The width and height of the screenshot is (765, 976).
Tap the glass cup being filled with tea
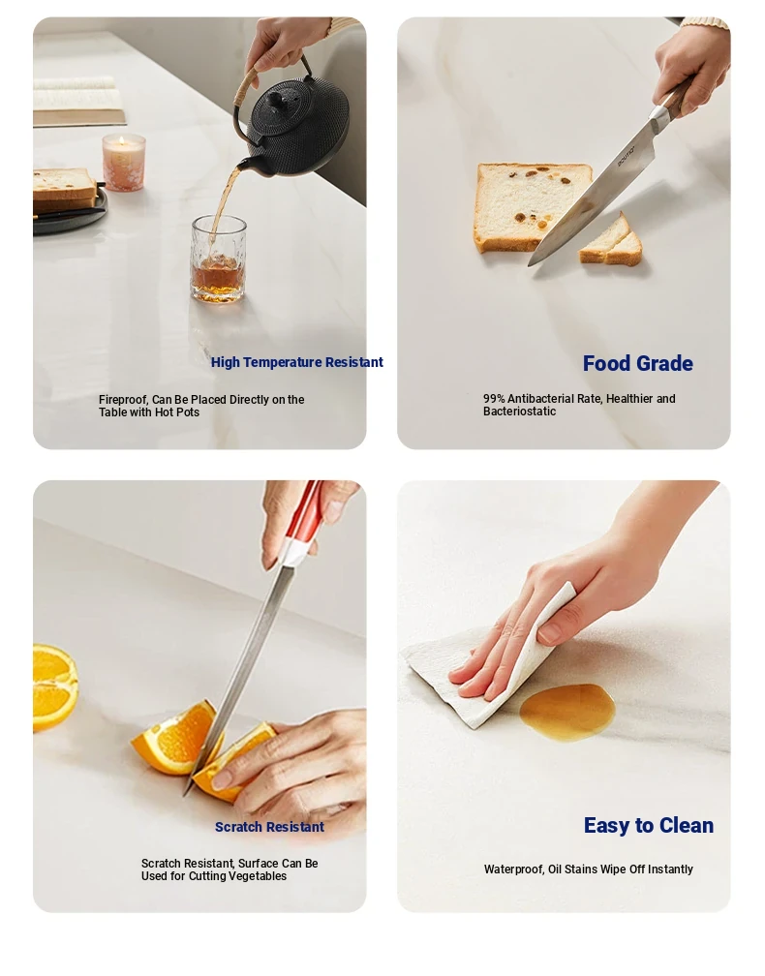(218, 259)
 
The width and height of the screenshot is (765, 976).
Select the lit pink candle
(124, 162)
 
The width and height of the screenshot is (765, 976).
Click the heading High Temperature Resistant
(297, 362)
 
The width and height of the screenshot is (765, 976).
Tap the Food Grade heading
(637, 363)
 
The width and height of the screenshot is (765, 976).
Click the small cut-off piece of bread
(611, 243)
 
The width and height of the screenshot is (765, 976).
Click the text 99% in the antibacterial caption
(494, 398)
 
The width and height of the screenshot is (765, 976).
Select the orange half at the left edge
(55, 687)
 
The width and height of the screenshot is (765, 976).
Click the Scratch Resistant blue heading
(269, 827)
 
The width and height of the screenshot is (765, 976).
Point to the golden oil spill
(567, 712)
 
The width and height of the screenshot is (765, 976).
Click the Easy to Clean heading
(649, 825)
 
